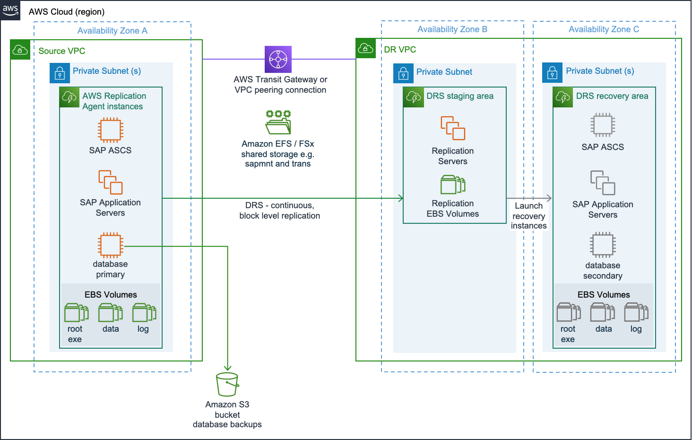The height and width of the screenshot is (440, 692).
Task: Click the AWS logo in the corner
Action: [10, 10]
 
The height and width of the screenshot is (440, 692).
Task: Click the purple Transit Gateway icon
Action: [278, 59]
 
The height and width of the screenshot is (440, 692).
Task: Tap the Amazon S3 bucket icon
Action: [227, 384]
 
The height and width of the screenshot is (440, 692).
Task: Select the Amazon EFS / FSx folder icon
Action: [278, 123]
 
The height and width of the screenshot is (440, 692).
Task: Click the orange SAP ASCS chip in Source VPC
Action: [110, 130]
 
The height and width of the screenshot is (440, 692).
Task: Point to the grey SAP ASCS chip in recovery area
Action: [603, 125]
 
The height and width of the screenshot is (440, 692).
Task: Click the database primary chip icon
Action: [110, 245]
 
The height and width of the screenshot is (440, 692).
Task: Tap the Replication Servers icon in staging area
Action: [453, 128]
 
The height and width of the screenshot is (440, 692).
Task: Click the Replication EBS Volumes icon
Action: [453, 185]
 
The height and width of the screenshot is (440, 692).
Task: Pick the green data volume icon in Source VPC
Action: [111, 313]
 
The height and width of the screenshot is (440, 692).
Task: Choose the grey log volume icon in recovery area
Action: [636, 313]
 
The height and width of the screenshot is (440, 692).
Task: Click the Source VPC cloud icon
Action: [20, 50]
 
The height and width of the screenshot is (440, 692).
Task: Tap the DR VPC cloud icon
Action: [366, 48]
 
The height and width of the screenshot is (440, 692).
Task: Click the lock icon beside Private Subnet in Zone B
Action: [403, 73]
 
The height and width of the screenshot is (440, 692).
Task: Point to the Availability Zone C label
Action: [604, 29]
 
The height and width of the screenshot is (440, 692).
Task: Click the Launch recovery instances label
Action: [528, 216]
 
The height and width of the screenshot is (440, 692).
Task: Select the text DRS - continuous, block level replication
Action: [279, 211]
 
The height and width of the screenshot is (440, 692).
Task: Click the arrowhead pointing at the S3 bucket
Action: [227, 368]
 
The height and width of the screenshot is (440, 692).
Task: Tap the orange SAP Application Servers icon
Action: [110, 182]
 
